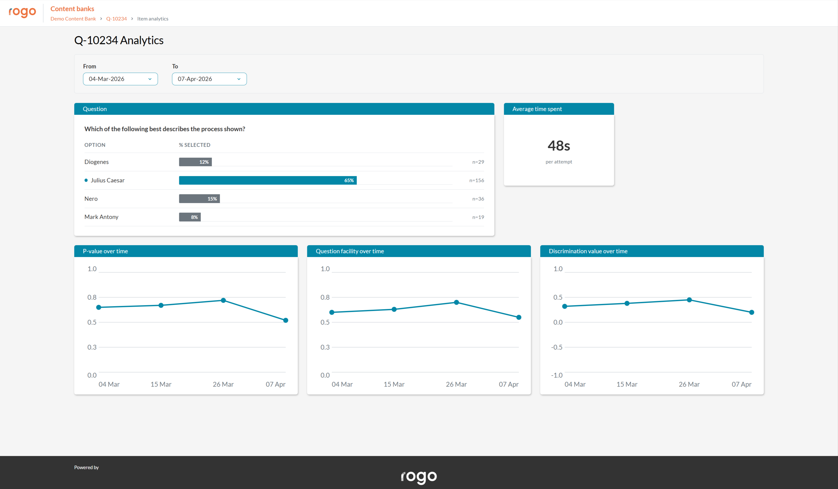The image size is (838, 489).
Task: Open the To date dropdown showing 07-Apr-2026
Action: [x=209, y=79]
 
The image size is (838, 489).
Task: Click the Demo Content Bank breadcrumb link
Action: [x=73, y=19]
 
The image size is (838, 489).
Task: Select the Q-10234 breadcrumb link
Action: [x=116, y=19]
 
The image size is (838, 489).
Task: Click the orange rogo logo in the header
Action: [x=22, y=12]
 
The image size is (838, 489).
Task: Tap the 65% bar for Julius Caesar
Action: [x=268, y=180]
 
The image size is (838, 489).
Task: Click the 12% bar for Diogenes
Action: [x=195, y=162]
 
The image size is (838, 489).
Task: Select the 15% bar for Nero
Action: [x=199, y=198]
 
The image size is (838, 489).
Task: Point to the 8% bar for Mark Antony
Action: [x=190, y=217]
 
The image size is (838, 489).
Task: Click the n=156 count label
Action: [x=477, y=180]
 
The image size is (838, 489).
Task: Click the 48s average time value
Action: [x=559, y=146]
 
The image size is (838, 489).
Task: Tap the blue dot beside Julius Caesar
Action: [x=86, y=180]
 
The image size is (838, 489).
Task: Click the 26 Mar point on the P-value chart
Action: [x=224, y=300]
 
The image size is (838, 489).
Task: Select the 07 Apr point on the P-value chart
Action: [x=286, y=320]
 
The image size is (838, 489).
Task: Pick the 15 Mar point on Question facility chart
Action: [x=394, y=309]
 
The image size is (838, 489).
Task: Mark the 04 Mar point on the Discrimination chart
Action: [x=565, y=306]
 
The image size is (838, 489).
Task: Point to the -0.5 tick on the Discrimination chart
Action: [x=557, y=347]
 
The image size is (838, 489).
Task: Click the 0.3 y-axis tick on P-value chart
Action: [x=92, y=347]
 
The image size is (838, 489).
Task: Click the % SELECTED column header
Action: [x=195, y=145]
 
